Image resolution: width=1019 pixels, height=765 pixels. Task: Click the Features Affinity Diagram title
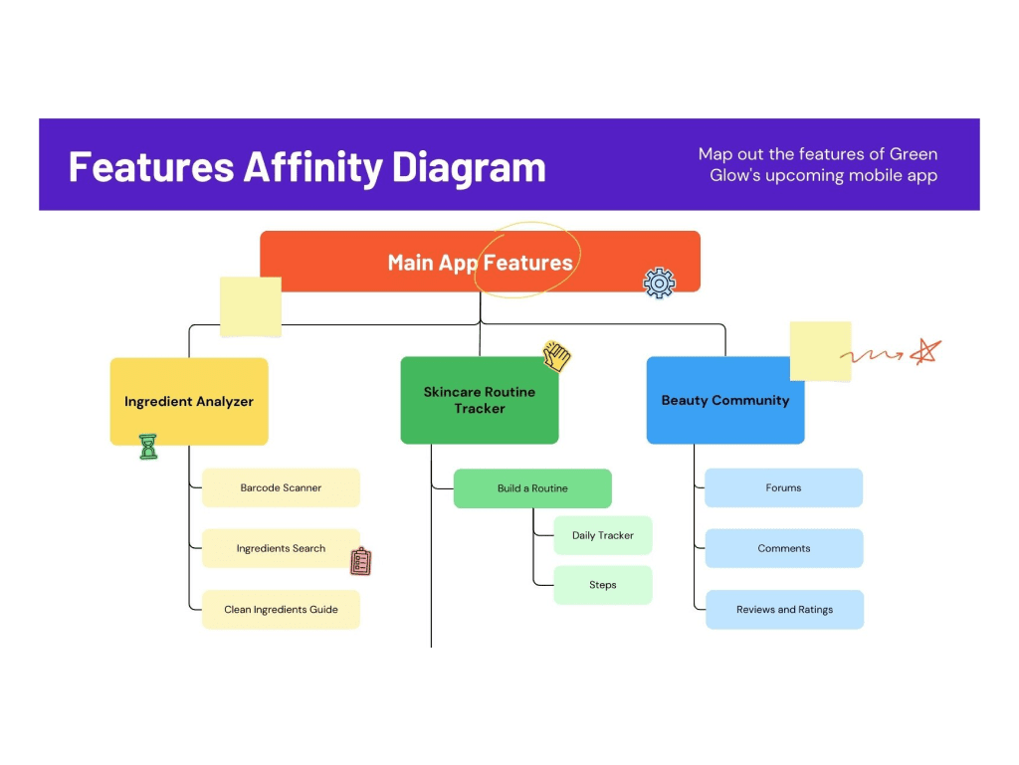click(x=306, y=166)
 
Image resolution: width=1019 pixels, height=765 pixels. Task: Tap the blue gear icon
click(x=659, y=283)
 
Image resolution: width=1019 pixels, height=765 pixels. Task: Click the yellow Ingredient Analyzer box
click(x=189, y=402)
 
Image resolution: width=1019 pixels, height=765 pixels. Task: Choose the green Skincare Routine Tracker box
click(x=480, y=400)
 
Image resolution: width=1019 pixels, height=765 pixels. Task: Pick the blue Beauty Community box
click(x=724, y=401)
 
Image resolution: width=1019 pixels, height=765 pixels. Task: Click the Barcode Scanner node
click(x=281, y=488)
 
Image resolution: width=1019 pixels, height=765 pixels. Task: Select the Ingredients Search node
click(x=281, y=548)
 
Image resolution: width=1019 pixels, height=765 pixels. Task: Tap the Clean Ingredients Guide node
click(x=281, y=610)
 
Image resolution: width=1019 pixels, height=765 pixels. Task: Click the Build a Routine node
click(x=532, y=488)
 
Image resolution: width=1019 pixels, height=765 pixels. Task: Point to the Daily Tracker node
click(x=603, y=535)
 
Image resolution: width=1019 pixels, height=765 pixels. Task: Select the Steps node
click(x=603, y=585)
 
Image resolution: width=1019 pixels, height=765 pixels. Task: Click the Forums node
click(x=784, y=488)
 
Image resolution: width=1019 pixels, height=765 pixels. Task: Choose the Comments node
click(x=784, y=548)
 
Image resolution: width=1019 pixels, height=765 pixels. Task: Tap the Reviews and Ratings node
click(x=784, y=610)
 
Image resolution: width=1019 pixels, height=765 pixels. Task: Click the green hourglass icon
click(x=148, y=447)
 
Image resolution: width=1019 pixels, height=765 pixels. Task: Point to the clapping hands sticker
click(x=557, y=356)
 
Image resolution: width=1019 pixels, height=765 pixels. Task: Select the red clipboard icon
click(x=361, y=561)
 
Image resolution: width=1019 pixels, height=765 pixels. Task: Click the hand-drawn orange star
click(x=926, y=352)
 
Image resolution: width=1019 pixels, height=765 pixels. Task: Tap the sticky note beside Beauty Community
click(x=820, y=351)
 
